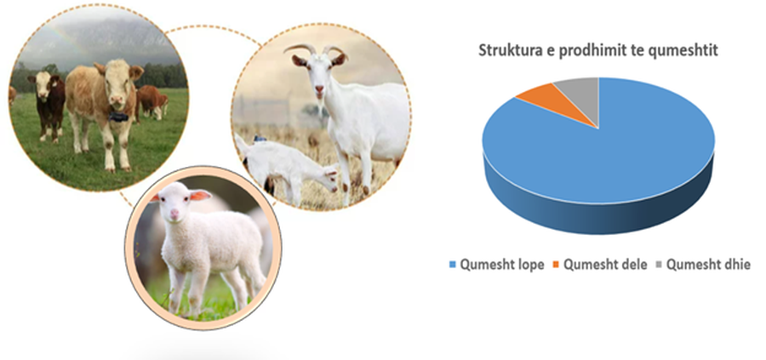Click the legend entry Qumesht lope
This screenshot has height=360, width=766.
496,266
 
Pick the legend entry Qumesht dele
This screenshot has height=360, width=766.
600,266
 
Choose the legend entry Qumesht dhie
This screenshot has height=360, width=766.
703,266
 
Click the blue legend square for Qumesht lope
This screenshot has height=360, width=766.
452,266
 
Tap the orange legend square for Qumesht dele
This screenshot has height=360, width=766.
556,266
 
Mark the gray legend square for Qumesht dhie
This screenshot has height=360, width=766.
659,266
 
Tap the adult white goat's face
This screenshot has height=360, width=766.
318,77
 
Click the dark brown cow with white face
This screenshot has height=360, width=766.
47,103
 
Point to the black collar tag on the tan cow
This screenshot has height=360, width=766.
118,117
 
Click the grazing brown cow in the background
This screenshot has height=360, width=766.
152,101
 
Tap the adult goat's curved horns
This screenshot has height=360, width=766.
316,50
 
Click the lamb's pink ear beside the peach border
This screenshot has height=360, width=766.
200,196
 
